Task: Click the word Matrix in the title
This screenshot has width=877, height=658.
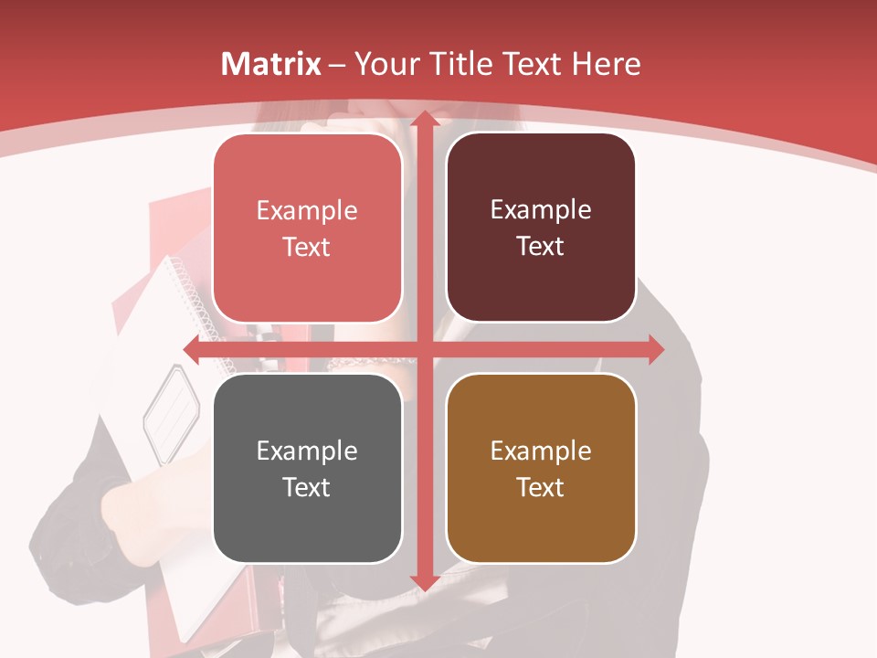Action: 271,63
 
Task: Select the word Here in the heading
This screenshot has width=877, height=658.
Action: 606,63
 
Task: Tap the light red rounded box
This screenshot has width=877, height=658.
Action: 307,228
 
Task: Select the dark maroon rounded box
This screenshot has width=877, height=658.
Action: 541,228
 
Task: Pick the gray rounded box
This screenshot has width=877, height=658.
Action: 307,468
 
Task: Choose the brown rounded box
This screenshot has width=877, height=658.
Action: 541,468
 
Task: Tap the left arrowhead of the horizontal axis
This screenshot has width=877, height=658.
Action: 193,349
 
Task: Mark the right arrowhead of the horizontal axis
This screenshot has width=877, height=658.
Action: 655,349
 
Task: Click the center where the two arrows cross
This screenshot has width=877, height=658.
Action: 424,349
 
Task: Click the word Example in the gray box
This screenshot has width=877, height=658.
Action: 307,451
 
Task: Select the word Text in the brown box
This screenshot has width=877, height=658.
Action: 541,487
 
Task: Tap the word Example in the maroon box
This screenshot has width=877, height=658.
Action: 541,209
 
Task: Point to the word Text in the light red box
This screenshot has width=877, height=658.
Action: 307,247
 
